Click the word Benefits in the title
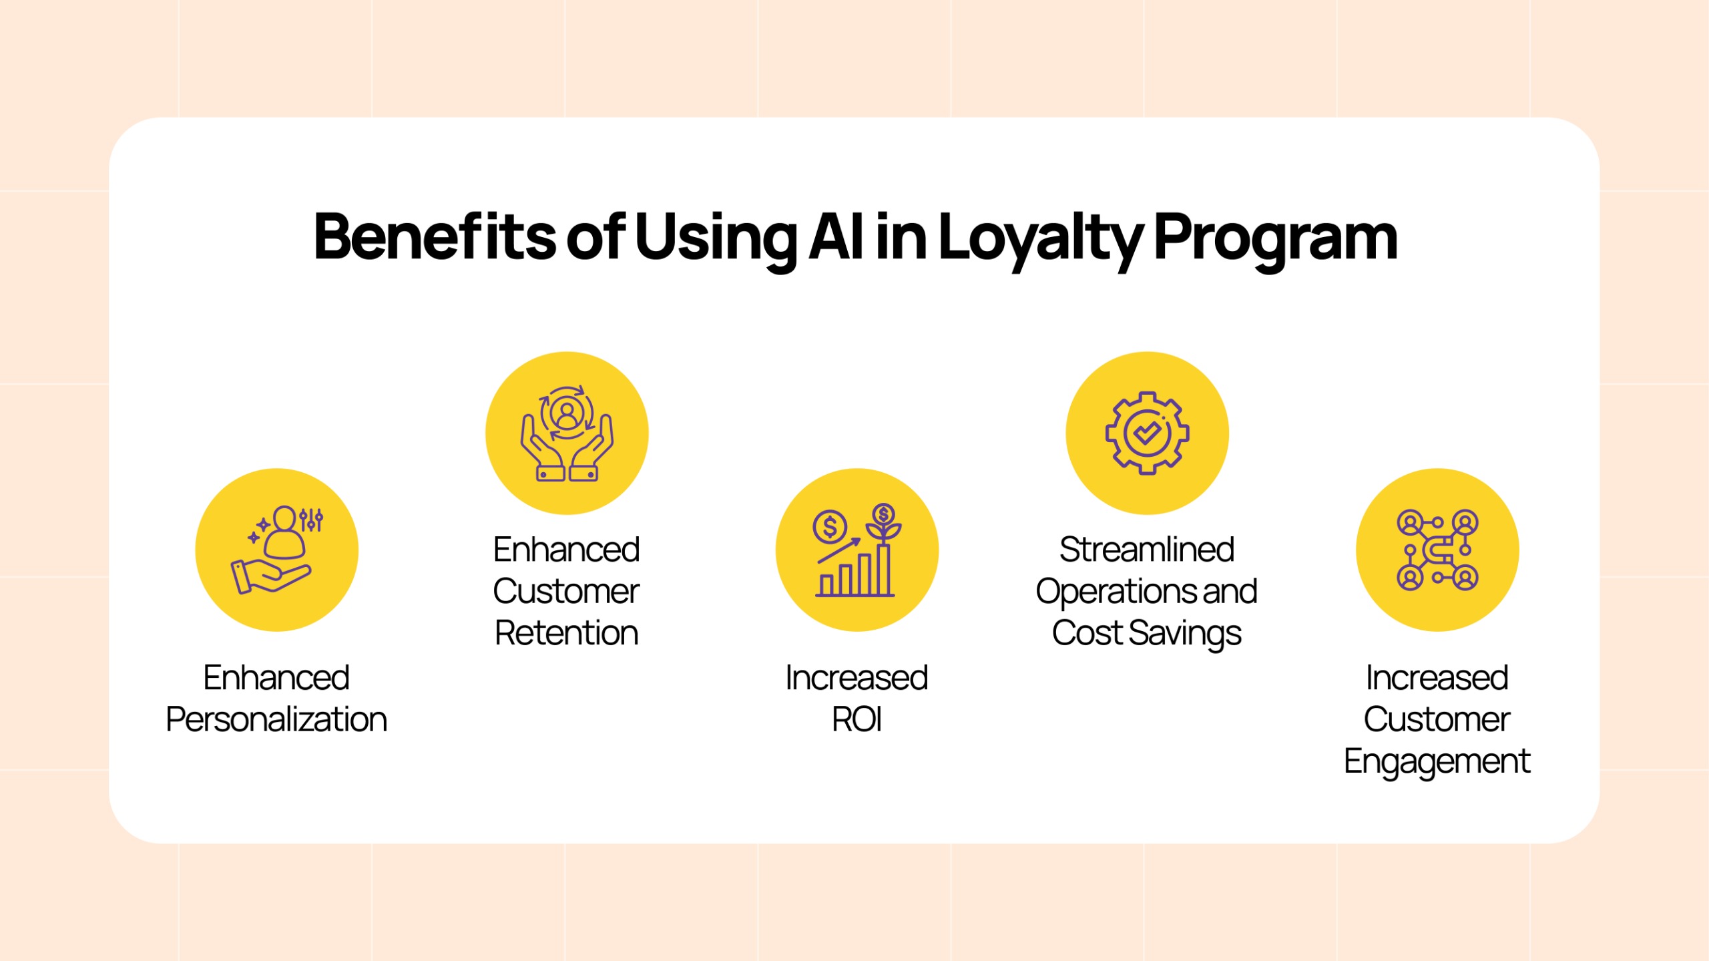(x=435, y=236)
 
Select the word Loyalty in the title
(x=1041, y=240)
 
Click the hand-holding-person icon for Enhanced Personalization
(x=277, y=550)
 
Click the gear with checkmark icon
(x=1147, y=433)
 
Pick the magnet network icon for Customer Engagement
(x=1437, y=550)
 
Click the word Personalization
(x=276, y=720)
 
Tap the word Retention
(x=567, y=632)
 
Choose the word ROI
(x=857, y=719)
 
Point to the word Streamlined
(x=1147, y=549)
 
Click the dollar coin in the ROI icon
(x=830, y=527)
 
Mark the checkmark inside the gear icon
(x=1147, y=433)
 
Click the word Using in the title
(x=716, y=240)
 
